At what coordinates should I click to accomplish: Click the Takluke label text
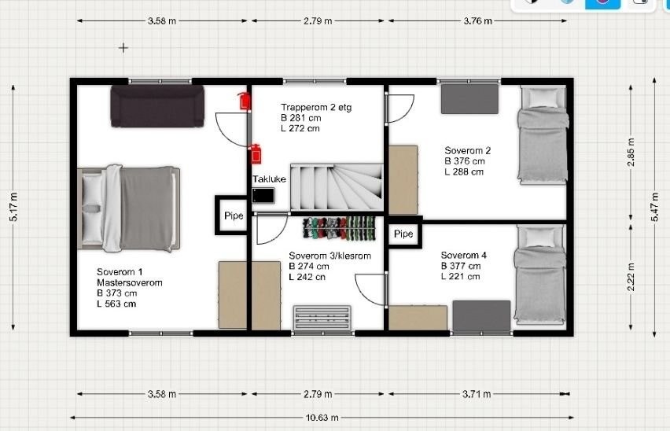(x=269, y=179)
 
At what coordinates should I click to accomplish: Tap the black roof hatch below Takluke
(x=263, y=196)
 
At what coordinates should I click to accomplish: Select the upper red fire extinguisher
(x=244, y=101)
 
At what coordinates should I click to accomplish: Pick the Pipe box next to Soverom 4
(x=403, y=234)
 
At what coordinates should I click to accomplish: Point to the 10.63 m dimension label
(x=322, y=418)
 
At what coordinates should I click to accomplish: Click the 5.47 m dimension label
(x=654, y=207)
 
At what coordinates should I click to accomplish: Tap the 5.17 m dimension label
(x=13, y=207)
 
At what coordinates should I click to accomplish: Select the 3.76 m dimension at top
(x=477, y=20)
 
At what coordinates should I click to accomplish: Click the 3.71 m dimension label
(x=477, y=394)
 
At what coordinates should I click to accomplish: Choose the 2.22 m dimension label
(x=631, y=276)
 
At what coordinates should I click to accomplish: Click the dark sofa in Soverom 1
(x=157, y=106)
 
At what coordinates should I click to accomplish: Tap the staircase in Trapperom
(x=337, y=187)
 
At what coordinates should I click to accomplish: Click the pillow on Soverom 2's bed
(x=543, y=98)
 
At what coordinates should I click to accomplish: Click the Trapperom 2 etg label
(x=316, y=107)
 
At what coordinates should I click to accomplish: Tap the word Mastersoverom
(x=130, y=283)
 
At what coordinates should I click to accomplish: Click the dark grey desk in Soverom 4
(x=481, y=316)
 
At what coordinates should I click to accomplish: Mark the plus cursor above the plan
(x=123, y=48)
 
